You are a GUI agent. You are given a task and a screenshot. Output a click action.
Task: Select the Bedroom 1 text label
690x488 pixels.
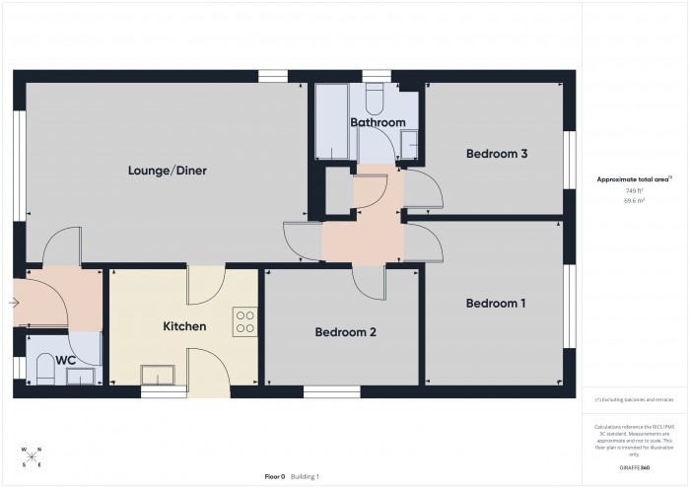495,303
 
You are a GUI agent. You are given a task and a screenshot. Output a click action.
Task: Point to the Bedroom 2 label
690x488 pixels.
345,332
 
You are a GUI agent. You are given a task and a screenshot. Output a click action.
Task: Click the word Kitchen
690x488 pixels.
184,325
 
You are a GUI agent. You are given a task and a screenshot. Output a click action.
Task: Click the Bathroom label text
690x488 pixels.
378,122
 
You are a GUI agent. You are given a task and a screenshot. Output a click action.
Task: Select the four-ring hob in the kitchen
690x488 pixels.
244,322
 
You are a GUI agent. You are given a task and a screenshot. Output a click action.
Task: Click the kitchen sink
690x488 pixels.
156,374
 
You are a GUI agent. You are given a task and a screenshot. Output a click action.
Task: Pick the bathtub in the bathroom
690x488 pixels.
331,123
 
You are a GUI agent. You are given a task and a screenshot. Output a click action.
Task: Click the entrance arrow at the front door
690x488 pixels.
13,303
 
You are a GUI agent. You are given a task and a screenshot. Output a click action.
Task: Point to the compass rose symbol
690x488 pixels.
31,456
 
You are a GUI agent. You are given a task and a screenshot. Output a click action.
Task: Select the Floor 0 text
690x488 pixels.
274,476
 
